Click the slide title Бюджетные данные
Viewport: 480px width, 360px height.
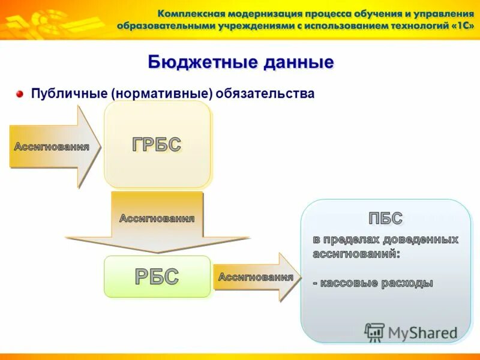(x=240, y=62)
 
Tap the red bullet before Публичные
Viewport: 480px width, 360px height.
(x=19, y=94)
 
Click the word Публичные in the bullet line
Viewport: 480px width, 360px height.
(x=68, y=94)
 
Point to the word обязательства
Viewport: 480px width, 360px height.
(x=266, y=94)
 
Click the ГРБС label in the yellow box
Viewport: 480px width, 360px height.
(x=157, y=144)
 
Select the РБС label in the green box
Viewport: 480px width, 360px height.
(x=157, y=277)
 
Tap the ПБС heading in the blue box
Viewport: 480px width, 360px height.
(x=385, y=218)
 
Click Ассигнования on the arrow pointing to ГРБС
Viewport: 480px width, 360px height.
(x=52, y=147)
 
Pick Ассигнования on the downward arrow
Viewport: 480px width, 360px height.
(x=157, y=218)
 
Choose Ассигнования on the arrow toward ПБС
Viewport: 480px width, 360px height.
(x=256, y=277)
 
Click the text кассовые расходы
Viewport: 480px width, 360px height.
(x=376, y=283)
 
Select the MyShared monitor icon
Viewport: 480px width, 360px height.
(x=374, y=332)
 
